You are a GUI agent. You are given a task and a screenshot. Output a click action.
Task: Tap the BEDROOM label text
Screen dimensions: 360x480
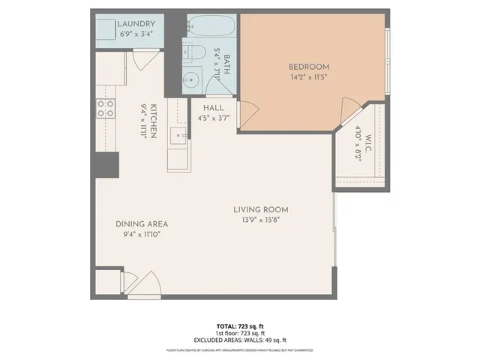click(310, 67)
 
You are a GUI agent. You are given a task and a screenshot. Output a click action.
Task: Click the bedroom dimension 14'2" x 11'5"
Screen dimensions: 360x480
click(310, 76)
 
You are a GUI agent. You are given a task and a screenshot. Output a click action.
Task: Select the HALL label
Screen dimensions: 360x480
click(214, 108)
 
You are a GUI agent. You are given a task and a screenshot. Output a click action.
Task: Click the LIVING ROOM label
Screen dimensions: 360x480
click(260, 209)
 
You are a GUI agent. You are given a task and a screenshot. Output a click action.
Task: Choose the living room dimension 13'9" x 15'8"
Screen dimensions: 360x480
click(260, 220)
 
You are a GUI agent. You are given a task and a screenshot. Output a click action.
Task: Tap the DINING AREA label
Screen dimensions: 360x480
click(141, 223)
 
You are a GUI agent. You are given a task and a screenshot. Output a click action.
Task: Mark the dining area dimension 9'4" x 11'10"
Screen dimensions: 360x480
click(141, 234)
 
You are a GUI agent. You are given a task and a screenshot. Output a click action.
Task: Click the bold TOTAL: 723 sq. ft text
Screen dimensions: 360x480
click(240, 325)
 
